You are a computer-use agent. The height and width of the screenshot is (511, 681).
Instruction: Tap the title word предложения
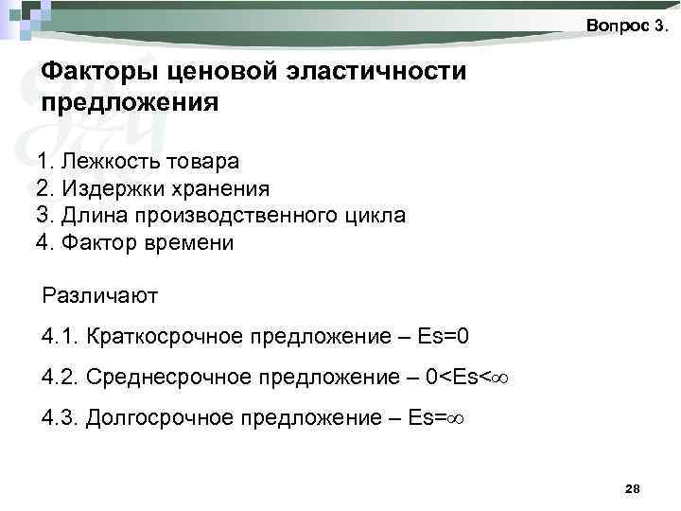point(130,101)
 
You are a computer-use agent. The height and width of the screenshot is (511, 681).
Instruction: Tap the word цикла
point(375,216)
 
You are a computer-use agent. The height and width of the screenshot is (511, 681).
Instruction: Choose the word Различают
point(100,295)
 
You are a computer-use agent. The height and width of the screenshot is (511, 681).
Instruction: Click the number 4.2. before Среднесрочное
point(61,378)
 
